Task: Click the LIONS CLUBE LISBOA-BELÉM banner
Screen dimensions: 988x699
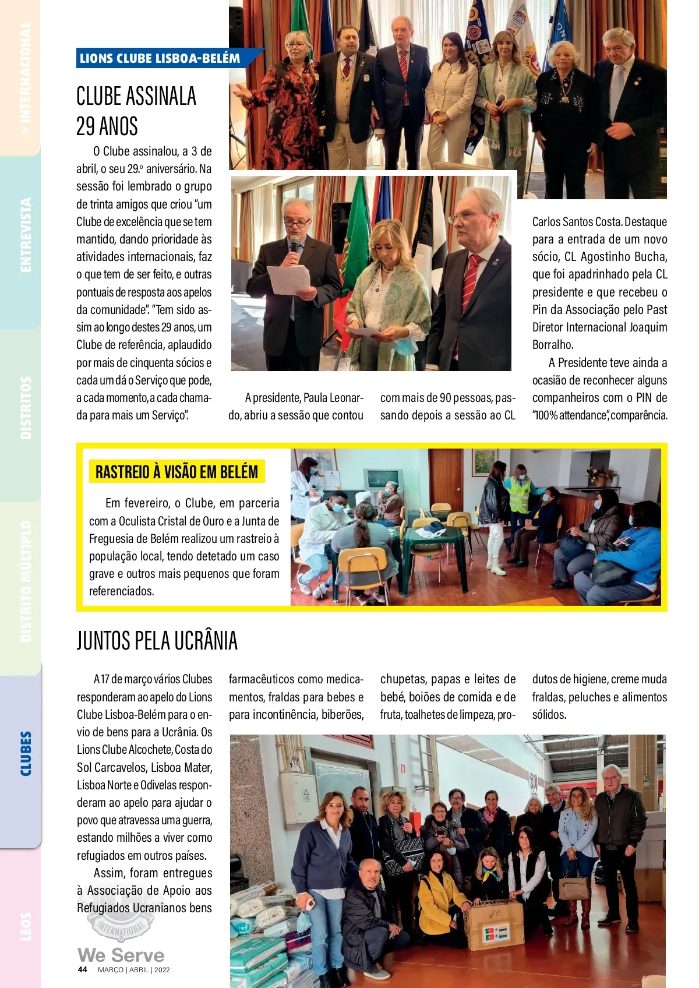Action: point(160,58)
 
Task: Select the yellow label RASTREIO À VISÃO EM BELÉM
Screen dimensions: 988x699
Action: point(176,472)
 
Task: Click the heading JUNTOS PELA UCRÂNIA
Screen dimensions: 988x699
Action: point(157,641)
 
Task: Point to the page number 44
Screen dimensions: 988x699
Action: point(83,970)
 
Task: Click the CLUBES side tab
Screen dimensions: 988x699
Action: point(26,754)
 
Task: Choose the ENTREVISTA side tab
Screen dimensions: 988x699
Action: point(26,235)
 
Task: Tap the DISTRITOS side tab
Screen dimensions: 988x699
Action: point(26,407)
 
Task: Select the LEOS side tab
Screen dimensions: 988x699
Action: point(26,926)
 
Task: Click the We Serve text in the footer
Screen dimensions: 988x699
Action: point(121,955)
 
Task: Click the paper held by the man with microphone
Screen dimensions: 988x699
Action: point(288,280)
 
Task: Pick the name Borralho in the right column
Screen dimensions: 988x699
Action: point(552,345)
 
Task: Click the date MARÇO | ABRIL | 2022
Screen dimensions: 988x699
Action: point(133,970)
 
